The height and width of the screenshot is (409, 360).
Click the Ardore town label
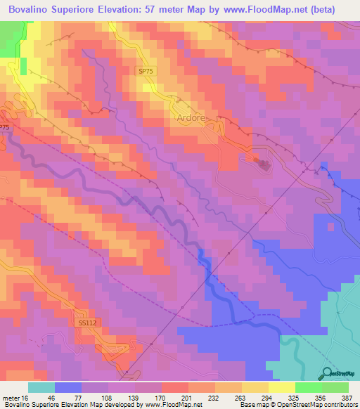pyautogui.click(x=191, y=118)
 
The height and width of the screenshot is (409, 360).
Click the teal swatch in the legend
pyautogui.click(x=41, y=387)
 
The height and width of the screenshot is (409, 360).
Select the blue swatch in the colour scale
pyautogui.click(x=67, y=387)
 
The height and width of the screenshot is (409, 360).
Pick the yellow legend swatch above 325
pyautogui.click(x=281, y=387)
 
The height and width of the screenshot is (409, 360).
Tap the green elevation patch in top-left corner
pyautogui.click(x=9, y=42)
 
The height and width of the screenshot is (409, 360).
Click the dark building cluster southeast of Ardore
pyautogui.click(x=264, y=165)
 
